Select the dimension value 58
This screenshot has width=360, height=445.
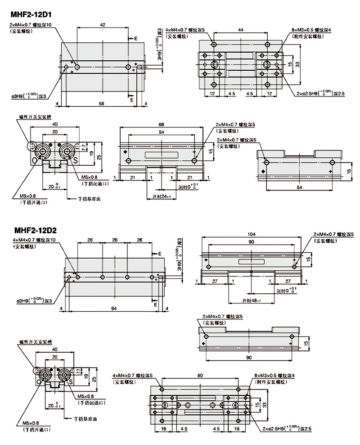[102, 104]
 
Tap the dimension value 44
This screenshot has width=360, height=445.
[241, 30]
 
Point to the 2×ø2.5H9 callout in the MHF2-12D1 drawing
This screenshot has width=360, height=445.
[320, 94]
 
